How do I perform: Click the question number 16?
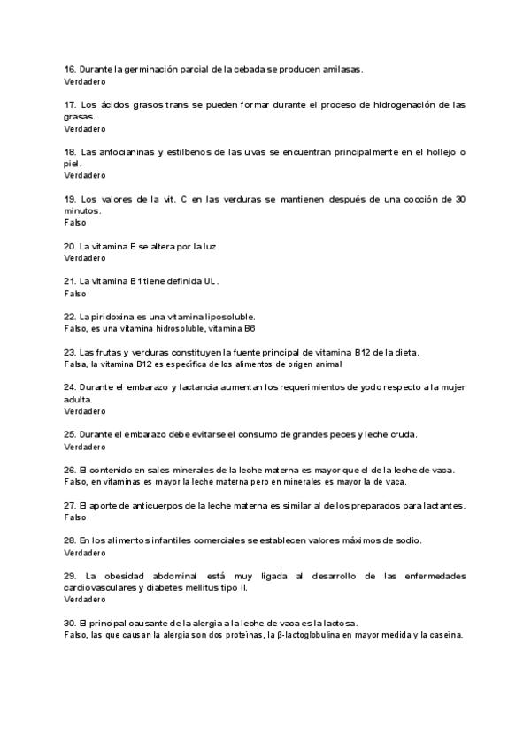pyautogui.click(x=70, y=69)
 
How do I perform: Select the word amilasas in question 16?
pyautogui.click(x=343, y=69)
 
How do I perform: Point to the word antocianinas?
pyautogui.click(x=122, y=152)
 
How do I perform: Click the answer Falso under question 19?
pyautogui.click(x=75, y=222)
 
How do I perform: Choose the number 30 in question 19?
pyautogui.click(x=459, y=199)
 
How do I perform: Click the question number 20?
pyautogui.click(x=70, y=246)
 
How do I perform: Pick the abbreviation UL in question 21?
pyautogui.click(x=210, y=281)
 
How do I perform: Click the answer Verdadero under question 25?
pyautogui.click(x=84, y=447)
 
